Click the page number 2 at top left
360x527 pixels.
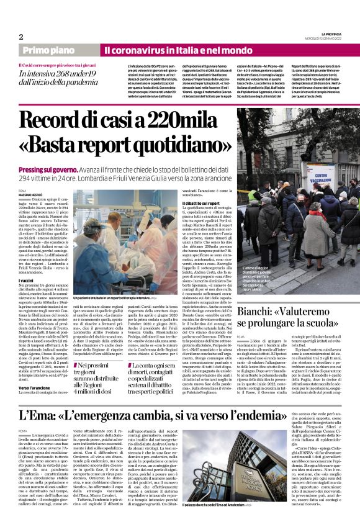(21, 37)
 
